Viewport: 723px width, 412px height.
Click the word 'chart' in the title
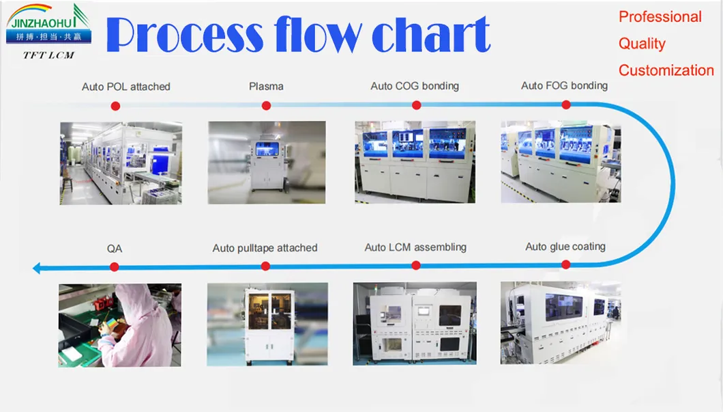pyautogui.click(x=430, y=34)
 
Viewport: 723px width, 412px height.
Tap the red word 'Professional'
pyautogui.click(x=660, y=17)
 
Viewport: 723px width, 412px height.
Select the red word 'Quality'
pyautogui.click(x=642, y=44)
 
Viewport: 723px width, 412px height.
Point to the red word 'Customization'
pyautogui.click(x=666, y=70)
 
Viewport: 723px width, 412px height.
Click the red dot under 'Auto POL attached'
pyautogui.click(x=115, y=106)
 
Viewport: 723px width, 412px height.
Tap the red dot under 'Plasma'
pyautogui.click(x=266, y=106)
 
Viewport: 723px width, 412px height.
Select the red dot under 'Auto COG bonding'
pyautogui.click(x=416, y=105)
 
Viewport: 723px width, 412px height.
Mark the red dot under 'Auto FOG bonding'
pyautogui.click(x=566, y=105)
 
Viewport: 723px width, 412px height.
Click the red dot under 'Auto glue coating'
pyautogui.click(x=565, y=264)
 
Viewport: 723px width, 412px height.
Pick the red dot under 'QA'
pyautogui.click(x=115, y=267)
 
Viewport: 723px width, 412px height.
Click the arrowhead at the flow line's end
pyautogui.click(x=37, y=268)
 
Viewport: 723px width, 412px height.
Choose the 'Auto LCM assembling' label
pyautogui.click(x=415, y=247)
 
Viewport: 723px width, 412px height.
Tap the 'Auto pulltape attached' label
pyautogui.click(x=265, y=248)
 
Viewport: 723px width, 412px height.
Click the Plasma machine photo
pyautogui.click(x=267, y=163)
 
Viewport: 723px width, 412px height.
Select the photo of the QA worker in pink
pyautogui.click(x=120, y=326)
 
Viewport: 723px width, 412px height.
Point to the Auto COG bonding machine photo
pyautogui.click(x=415, y=162)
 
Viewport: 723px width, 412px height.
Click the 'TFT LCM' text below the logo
pyautogui.click(x=49, y=55)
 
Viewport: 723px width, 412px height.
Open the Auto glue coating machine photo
pyautogui.click(x=561, y=323)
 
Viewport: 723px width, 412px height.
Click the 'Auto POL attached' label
pyautogui.click(x=126, y=87)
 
